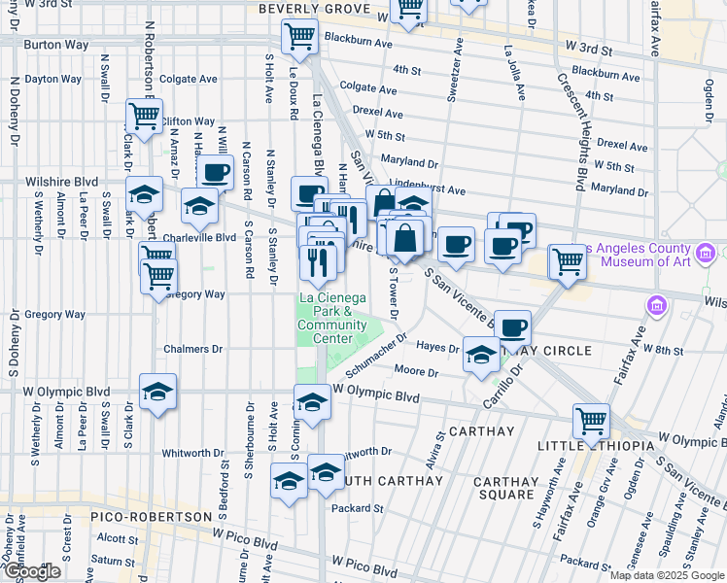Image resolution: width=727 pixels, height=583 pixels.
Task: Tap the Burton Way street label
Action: pos(56,45)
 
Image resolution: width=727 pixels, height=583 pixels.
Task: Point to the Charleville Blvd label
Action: pos(199,236)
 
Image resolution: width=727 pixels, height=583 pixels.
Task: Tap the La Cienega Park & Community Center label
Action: pos(332,318)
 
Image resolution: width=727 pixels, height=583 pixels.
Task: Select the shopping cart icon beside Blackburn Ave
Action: pos(299,37)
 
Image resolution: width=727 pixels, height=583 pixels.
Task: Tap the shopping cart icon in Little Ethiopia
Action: pos(591,421)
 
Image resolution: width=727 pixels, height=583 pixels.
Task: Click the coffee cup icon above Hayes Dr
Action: pos(513,327)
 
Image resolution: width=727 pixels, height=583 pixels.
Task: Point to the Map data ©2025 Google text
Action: pos(666,575)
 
